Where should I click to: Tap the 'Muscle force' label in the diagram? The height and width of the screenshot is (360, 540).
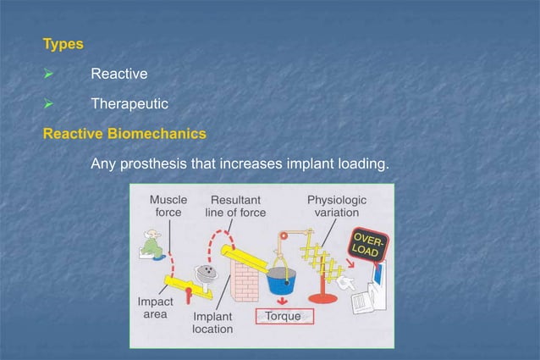(x=168, y=206)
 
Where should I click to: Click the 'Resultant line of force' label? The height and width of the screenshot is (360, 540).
(x=235, y=206)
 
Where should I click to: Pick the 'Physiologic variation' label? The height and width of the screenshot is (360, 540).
(x=336, y=206)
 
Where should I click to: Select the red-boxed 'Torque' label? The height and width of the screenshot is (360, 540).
(x=284, y=317)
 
